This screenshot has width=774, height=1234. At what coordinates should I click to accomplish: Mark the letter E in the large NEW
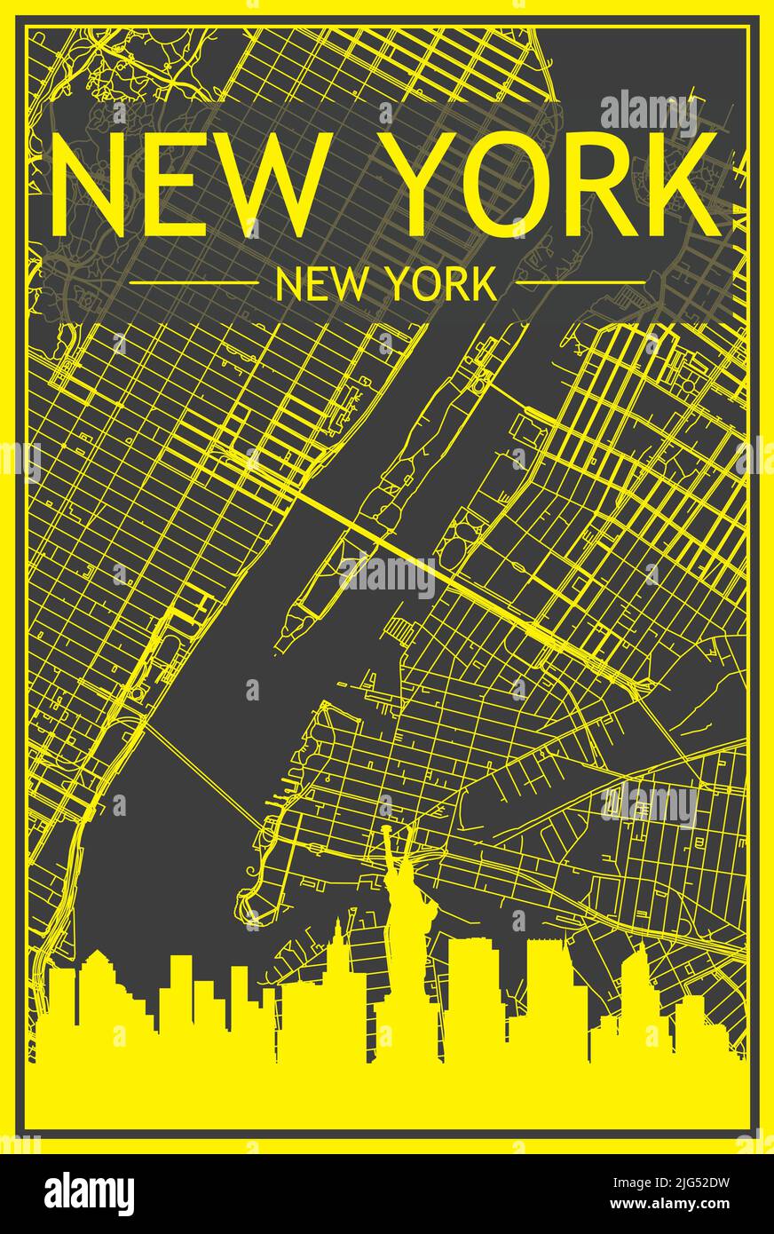click(151, 184)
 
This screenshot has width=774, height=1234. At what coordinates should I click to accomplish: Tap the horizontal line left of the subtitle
click(193, 283)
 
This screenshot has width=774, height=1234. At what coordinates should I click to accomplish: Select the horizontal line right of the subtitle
click(580, 283)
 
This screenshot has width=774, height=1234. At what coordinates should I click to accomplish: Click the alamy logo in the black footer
click(90, 1194)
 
